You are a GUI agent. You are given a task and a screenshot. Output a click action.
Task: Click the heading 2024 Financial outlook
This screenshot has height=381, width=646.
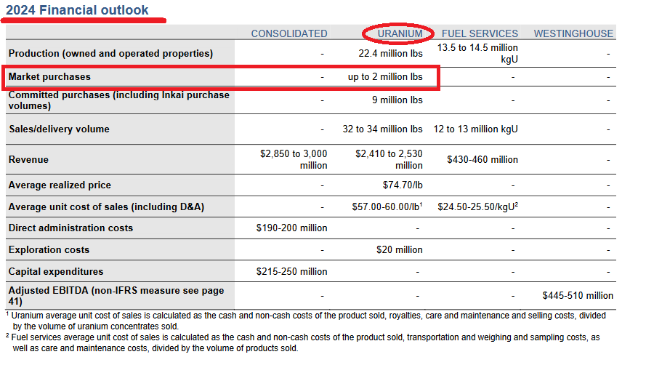[77, 10]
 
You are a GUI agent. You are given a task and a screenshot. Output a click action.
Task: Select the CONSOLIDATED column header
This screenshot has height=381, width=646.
[288, 33]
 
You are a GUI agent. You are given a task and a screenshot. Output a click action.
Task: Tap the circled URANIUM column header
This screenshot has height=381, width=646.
[399, 33]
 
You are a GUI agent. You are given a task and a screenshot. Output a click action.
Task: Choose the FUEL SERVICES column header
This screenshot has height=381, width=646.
[480, 33]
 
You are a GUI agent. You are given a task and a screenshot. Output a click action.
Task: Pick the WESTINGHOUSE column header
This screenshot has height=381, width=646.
[573, 33]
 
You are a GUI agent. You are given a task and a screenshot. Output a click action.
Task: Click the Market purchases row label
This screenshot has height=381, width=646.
[49, 76]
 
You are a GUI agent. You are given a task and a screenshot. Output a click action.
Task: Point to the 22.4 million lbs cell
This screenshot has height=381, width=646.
[390, 53]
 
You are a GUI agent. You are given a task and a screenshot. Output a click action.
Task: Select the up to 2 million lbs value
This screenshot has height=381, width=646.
[385, 76]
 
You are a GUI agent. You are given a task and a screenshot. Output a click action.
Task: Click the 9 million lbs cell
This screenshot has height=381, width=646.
[397, 100]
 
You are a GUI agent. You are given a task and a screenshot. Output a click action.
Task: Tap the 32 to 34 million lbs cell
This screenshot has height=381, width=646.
[382, 129]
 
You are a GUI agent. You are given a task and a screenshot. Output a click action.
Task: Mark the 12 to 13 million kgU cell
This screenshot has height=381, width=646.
[475, 129]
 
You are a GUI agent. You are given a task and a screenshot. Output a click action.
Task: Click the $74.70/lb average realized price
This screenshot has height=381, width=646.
[403, 185]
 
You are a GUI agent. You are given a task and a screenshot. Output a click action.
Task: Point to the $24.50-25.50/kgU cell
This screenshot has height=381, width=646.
[477, 206]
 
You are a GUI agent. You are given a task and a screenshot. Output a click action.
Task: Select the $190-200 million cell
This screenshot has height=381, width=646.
[291, 228]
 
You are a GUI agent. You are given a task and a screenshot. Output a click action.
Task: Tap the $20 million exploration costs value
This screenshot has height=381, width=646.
[399, 249]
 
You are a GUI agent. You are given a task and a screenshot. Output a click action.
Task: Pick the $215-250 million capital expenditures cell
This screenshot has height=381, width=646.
[291, 271]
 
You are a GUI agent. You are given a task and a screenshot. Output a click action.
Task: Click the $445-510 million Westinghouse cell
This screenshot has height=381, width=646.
[577, 295]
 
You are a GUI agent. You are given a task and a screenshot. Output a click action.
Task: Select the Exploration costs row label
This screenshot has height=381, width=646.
[49, 249]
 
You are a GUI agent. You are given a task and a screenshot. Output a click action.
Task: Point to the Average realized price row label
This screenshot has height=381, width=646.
[60, 185]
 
